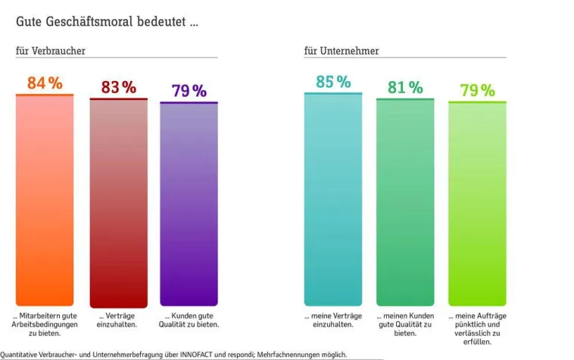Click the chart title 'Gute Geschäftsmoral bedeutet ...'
click(108, 22)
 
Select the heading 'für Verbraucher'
click(50, 51)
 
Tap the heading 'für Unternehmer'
click(342, 51)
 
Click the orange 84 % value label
click(45, 83)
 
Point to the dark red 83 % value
click(119, 87)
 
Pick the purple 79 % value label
click(189, 91)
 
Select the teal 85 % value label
click(333, 82)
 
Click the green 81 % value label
click(405, 87)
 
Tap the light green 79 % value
click(477, 91)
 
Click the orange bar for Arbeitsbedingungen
click(45, 201)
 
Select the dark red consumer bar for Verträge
click(118, 203)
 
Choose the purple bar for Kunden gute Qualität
click(189, 205)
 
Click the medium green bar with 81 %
click(405, 202)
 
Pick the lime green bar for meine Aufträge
click(477, 204)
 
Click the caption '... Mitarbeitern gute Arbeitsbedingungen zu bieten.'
click(45, 324)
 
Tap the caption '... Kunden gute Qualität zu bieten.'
click(191, 320)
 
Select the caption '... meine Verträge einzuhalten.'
click(333, 320)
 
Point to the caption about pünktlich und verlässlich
click(477, 327)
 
